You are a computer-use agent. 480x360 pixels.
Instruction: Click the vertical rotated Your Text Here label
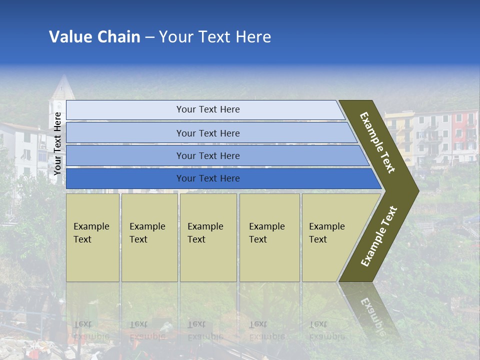pos(57,143)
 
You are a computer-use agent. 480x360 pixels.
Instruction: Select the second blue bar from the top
pos(207,133)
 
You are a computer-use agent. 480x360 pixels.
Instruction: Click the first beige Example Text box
pos(92,237)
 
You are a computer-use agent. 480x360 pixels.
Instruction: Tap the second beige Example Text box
pos(149,237)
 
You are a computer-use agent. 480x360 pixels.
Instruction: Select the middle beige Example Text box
pos(208,237)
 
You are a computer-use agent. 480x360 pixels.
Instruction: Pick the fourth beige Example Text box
pos(269,237)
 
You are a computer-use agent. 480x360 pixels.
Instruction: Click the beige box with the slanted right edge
pos(330,237)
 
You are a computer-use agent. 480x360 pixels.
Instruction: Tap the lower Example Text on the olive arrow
pos(379,236)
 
